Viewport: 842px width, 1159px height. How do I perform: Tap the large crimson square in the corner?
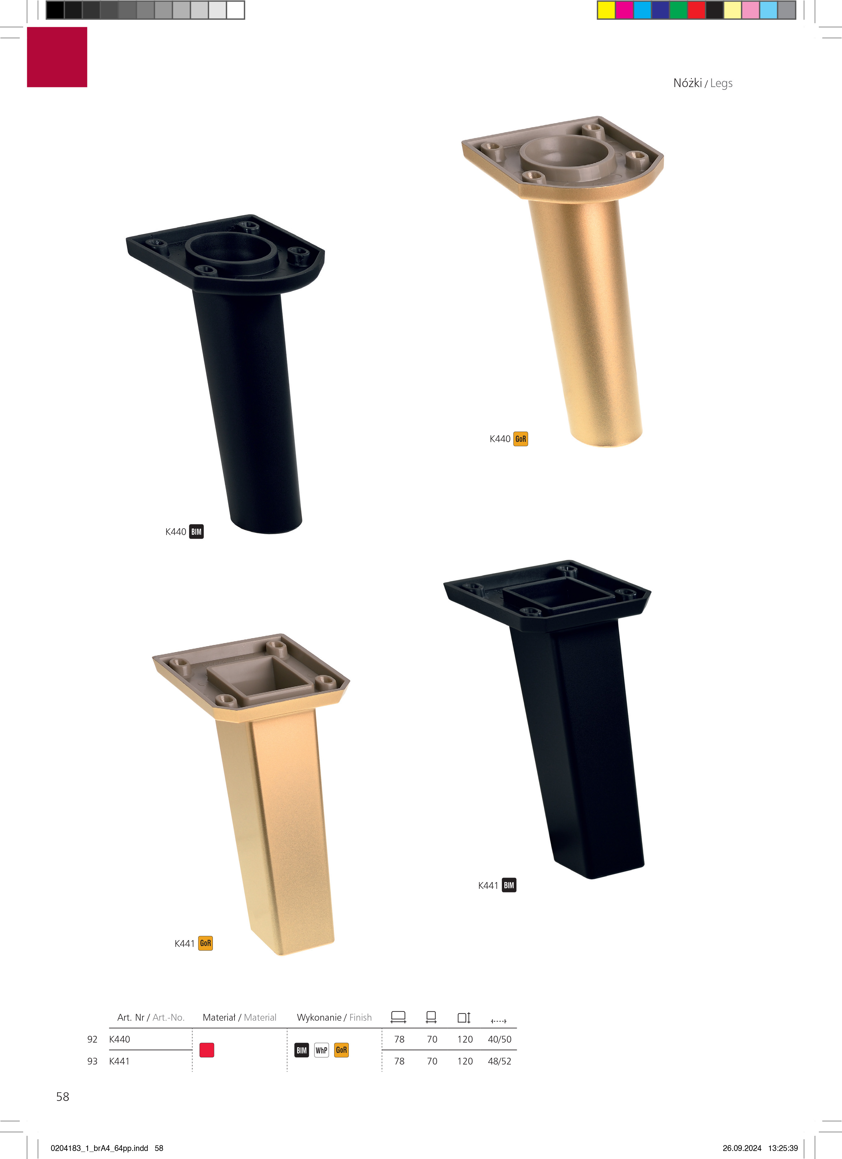coord(57,57)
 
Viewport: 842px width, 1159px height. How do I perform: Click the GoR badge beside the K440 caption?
coord(520,439)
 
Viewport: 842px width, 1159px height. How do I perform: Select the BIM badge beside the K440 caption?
coord(196,531)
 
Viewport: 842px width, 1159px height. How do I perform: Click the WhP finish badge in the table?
coord(322,1050)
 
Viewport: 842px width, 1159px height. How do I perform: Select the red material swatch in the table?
coord(207,1050)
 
